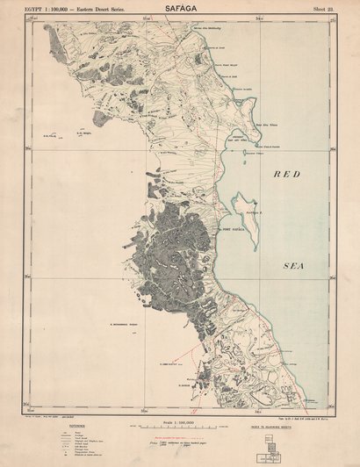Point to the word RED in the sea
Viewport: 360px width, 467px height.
(x=287, y=175)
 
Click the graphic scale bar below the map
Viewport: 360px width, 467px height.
(x=181, y=432)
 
